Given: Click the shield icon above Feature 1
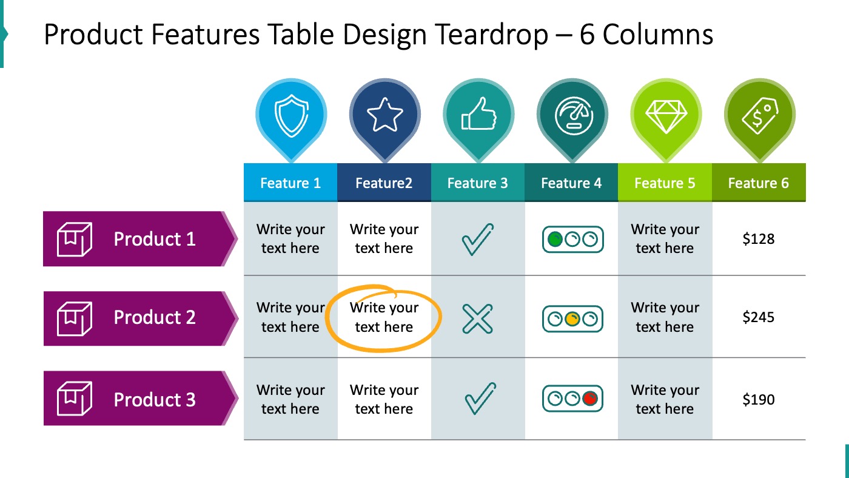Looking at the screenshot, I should [x=290, y=116].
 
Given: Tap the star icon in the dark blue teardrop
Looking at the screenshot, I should [x=384, y=116].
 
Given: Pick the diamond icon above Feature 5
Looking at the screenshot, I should [x=665, y=115].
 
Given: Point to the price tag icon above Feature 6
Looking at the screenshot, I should [x=759, y=115].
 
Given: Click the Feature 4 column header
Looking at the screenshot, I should [x=571, y=183].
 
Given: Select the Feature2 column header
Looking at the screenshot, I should [x=384, y=183].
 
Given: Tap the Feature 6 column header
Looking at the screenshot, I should [x=759, y=183].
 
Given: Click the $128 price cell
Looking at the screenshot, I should [x=759, y=239].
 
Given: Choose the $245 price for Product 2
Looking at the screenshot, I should [x=759, y=317].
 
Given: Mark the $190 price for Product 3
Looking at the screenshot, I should [x=759, y=400].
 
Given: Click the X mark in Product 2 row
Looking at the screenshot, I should [x=477, y=318].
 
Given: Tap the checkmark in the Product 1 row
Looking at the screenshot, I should [x=477, y=240].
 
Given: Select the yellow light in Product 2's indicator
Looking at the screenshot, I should [x=572, y=319].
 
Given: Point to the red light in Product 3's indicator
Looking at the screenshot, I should [x=589, y=399].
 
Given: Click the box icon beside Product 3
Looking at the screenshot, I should [x=74, y=399].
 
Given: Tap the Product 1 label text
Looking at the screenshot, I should [x=155, y=239].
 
